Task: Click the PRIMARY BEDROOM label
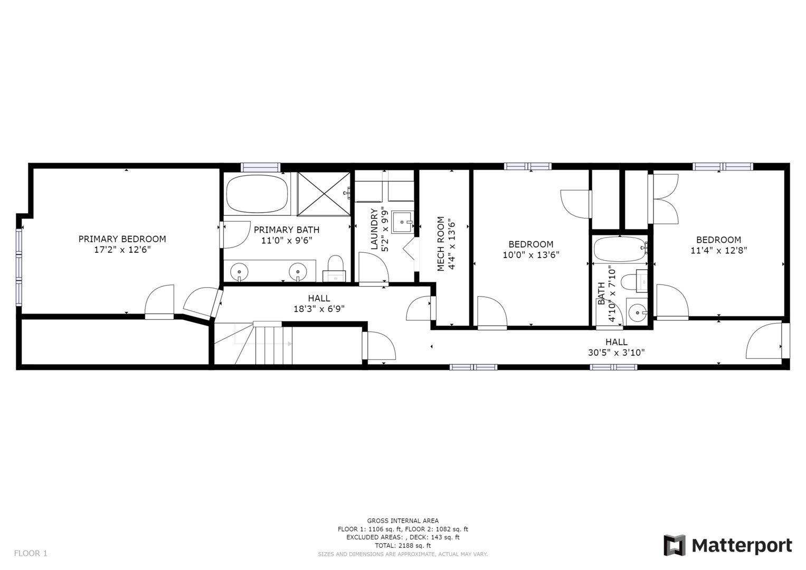(122, 239)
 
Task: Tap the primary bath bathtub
(258, 194)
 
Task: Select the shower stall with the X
(324, 194)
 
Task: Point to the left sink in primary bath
(239, 271)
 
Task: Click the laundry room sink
(402, 222)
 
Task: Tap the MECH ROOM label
(441, 244)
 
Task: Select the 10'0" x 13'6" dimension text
(530, 254)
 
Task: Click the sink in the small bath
(638, 312)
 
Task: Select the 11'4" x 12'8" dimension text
(718, 250)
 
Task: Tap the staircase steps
(273, 345)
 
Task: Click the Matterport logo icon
(674, 545)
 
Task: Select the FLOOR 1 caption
(31, 553)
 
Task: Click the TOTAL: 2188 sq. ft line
(403, 545)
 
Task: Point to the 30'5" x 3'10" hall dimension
(616, 353)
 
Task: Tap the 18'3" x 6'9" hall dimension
(319, 309)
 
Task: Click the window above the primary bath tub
(260, 167)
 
